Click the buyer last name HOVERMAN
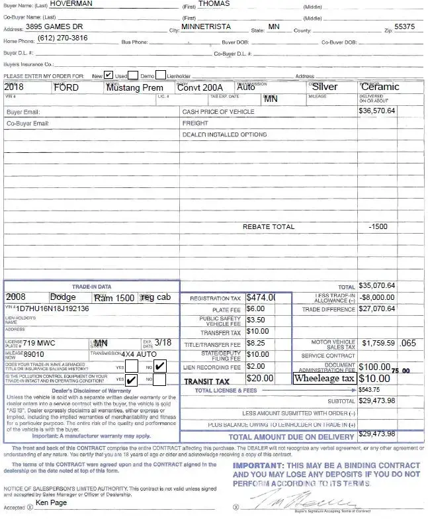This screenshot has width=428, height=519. click(71, 4)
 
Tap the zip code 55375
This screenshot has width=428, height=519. click(404, 27)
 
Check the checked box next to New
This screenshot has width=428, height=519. click(108, 75)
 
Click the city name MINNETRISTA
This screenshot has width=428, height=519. click(206, 27)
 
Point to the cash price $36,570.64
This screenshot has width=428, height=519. click(376, 111)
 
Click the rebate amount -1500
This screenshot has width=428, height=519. click(378, 226)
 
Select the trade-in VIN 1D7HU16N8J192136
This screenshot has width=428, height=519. click(53, 309)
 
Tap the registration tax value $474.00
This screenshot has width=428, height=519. click(260, 298)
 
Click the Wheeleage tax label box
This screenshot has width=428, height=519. click(324, 379)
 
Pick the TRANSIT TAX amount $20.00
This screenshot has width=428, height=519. click(259, 379)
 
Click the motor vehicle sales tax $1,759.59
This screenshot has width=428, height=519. click(376, 344)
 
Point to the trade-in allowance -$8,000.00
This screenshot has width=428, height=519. click(377, 297)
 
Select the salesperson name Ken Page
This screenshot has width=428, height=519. click(51, 503)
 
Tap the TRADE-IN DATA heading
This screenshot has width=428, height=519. click(91, 287)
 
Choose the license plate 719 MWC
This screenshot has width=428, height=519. click(39, 343)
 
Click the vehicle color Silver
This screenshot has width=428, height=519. click(325, 87)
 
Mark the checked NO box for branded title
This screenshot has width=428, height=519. click(160, 366)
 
